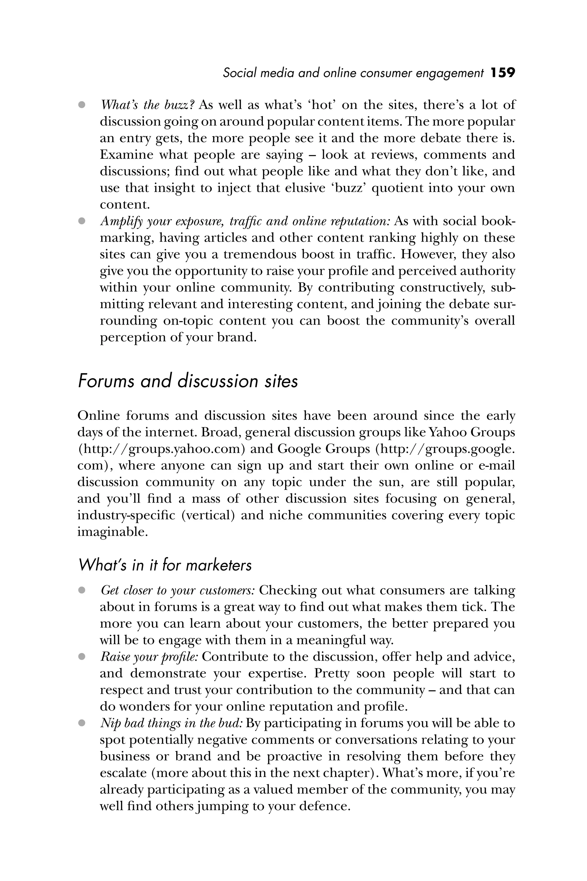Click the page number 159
point(503,73)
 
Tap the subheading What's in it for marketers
point(165,565)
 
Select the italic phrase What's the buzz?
point(147,105)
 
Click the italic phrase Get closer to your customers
point(178,590)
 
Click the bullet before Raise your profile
point(82,657)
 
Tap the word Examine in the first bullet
point(126,155)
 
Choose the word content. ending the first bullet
point(125,204)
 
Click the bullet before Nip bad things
point(82,723)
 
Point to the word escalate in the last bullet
point(123,773)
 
